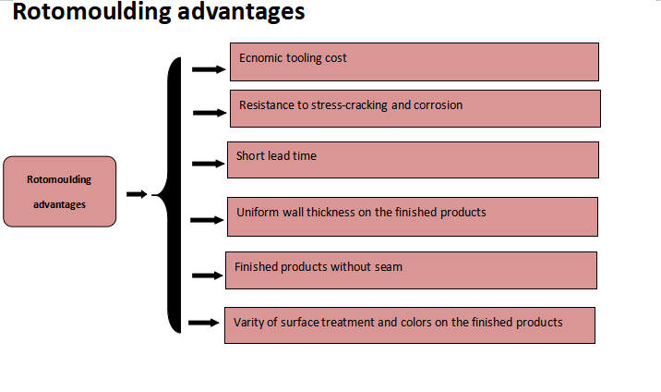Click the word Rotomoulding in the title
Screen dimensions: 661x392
(91, 11)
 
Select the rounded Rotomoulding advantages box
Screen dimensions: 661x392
(59, 191)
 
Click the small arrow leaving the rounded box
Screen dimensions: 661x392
(137, 194)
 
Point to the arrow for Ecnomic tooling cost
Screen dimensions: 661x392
(209, 69)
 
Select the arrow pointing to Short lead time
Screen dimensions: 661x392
(209, 164)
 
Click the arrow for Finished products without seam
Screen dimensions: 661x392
(208, 276)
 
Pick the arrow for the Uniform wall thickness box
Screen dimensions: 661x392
(207, 220)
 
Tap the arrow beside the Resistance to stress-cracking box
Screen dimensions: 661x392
(210, 113)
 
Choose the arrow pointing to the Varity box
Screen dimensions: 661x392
(204, 323)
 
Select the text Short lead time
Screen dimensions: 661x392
(276, 155)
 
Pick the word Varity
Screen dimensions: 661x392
(248, 323)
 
